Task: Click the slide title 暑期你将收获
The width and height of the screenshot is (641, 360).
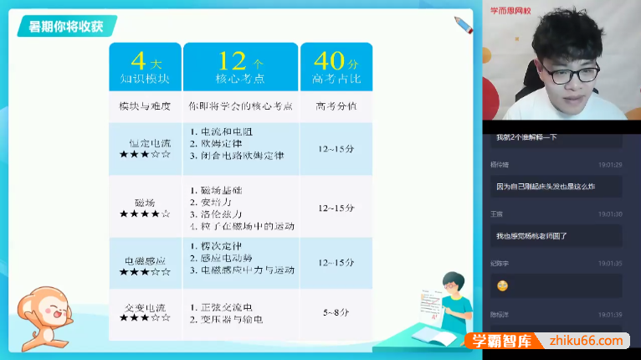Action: (x=67, y=26)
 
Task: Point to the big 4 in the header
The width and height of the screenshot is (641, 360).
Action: (x=138, y=60)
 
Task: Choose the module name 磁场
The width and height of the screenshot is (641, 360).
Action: (x=145, y=202)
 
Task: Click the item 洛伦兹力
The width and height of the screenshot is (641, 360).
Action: (x=217, y=214)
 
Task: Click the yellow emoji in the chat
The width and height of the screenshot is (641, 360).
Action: (x=503, y=285)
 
